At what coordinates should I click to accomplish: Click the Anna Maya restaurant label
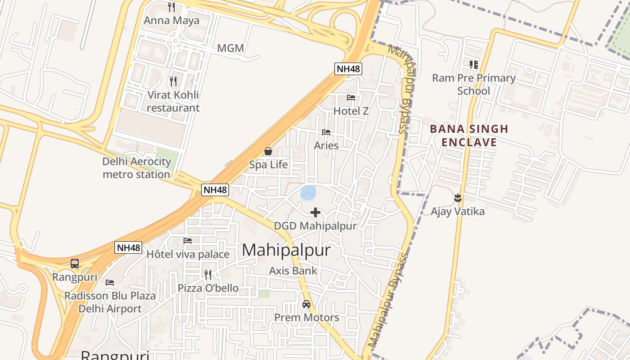pyautogui.click(x=171, y=21)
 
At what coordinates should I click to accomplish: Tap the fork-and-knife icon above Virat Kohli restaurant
pyautogui.click(x=173, y=81)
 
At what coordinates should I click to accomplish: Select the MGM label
pyautogui.click(x=230, y=48)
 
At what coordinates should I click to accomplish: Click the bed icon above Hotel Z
pyautogui.click(x=351, y=97)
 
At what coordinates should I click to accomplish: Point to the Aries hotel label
pyautogui.click(x=326, y=146)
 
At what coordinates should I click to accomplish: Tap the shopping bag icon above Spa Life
pyautogui.click(x=268, y=151)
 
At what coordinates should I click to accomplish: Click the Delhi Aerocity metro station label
pyautogui.click(x=136, y=168)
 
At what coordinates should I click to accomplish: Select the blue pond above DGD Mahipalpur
pyautogui.click(x=308, y=193)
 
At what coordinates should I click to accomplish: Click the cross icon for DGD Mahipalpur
pyautogui.click(x=315, y=212)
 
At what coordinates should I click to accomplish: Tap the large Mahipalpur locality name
pyautogui.click(x=286, y=251)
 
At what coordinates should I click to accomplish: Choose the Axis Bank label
pyautogui.click(x=293, y=271)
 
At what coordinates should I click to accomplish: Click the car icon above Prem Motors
pyautogui.click(x=306, y=304)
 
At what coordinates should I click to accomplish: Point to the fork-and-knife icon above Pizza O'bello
pyautogui.click(x=208, y=274)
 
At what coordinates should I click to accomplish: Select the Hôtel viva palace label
pyautogui.click(x=188, y=254)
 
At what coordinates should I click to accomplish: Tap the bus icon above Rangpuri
pyautogui.click(x=75, y=264)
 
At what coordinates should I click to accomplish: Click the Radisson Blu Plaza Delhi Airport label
pyautogui.click(x=110, y=302)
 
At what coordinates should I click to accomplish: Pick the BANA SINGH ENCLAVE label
pyautogui.click(x=469, y=136)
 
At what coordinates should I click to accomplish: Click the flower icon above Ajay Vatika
pyautogui.click(x=458, y=198)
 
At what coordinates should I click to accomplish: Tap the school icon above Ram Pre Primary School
pyautogui.click(x=473, y=65)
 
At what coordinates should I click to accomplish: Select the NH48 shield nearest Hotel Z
pyautogui.click(x=348, y=69)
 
